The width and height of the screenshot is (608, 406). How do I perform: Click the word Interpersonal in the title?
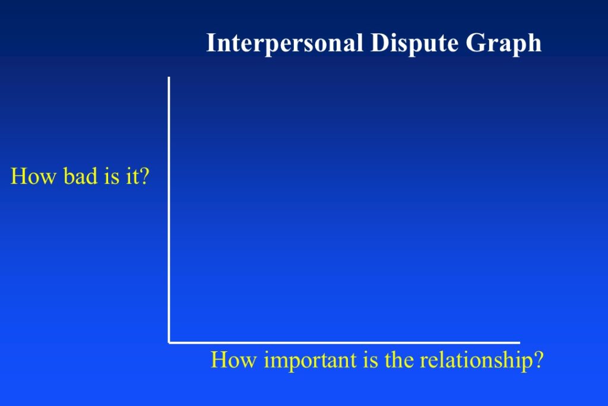(x=285, y=43)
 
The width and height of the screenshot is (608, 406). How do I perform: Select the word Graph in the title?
(x=503, y=43)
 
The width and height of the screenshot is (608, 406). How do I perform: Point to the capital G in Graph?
(x=474, y=42)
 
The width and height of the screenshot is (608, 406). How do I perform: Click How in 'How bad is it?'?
(x=33, y=176)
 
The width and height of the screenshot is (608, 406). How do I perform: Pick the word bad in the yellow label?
(x=81, y=176)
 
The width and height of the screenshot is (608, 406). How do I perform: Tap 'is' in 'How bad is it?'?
(x=111, y=177)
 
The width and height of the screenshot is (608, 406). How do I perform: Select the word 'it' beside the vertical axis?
(x=132, y=177)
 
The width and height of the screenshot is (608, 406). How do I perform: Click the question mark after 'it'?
(x=144, y=176)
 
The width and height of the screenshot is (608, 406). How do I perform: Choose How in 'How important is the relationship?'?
(x=234, y=360)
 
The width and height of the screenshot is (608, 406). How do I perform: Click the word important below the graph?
(x=310, y=361)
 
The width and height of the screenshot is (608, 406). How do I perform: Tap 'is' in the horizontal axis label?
(x=370, y=360)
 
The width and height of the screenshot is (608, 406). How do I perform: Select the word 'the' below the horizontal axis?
(x=400, y=360)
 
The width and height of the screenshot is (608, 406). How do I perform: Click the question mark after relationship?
(x=539, y=360)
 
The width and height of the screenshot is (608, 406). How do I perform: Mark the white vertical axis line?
(x=169, y=210)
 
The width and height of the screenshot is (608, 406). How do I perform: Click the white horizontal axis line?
(x=344, y=343)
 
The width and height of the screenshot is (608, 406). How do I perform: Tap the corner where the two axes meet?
(x=169, y=343)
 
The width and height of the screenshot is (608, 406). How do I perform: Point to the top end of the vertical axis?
(x=169, y=77)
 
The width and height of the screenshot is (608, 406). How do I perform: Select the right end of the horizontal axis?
(x=520, y=343)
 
